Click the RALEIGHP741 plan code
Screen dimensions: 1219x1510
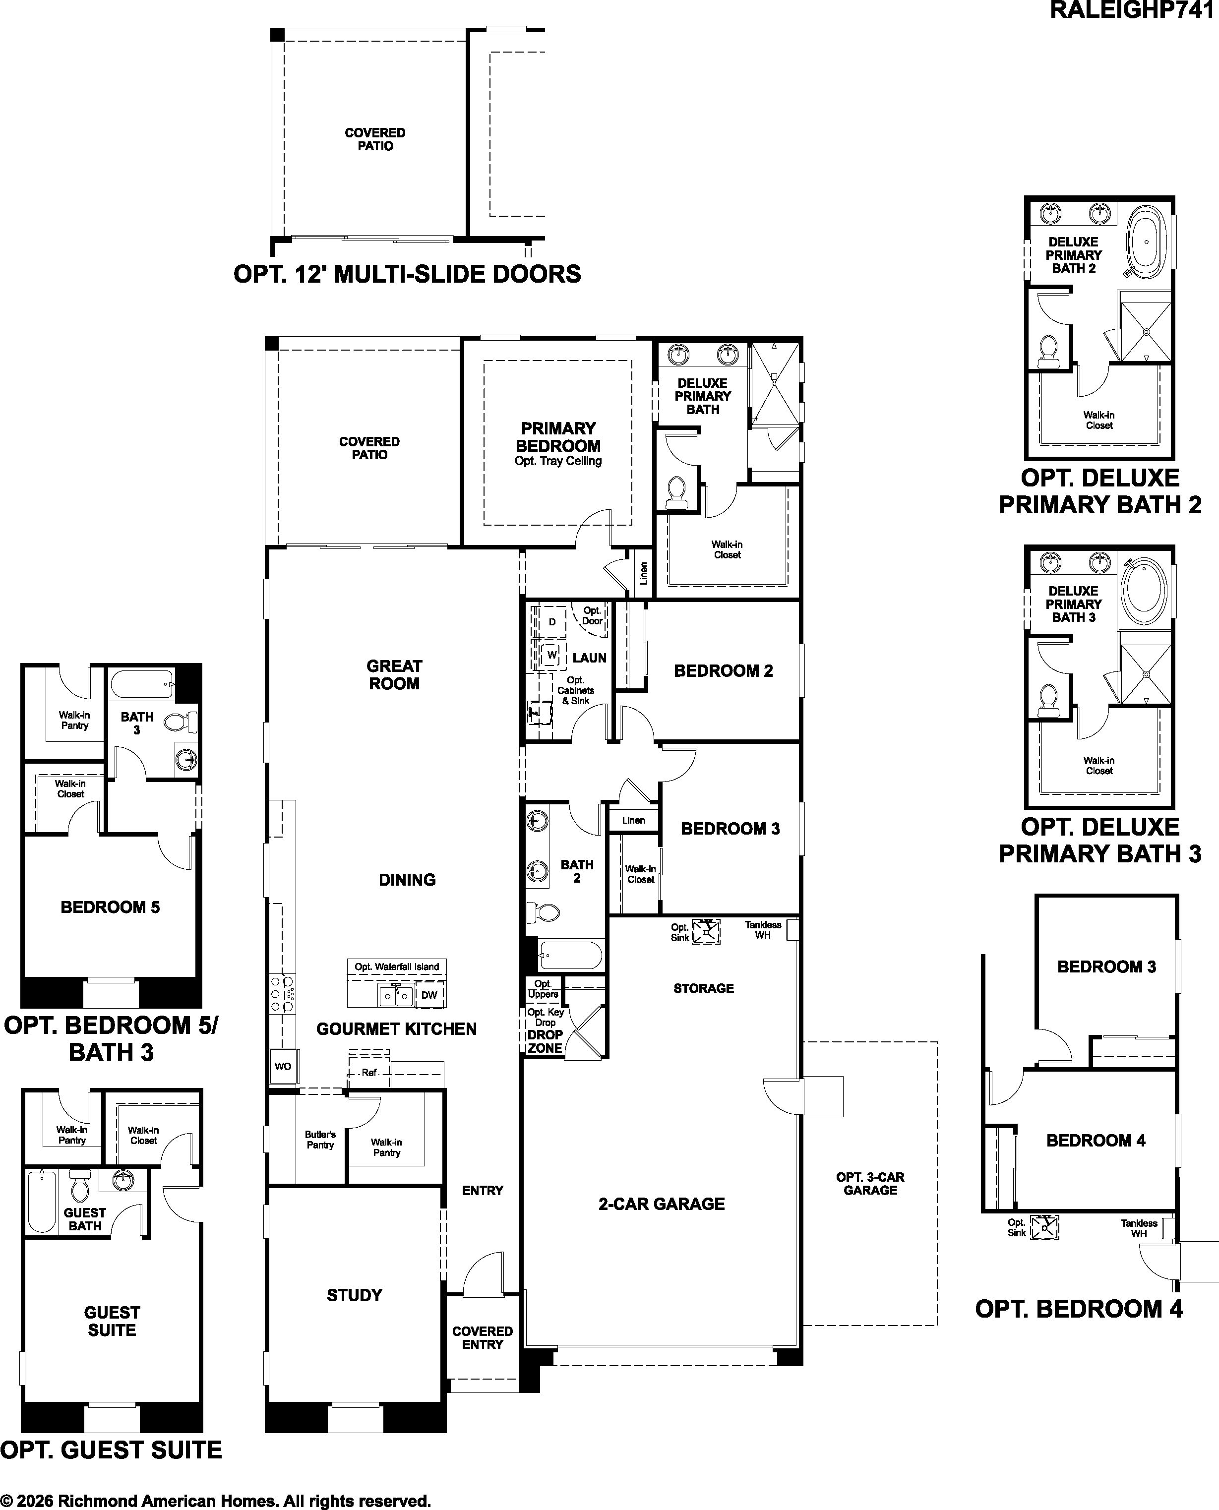1134,10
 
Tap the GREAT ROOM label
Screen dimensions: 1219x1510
394,674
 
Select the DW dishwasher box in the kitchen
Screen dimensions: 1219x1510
429,995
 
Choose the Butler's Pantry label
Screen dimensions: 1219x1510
320,1140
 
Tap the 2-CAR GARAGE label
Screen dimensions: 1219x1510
662,1204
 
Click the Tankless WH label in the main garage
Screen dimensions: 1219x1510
763,930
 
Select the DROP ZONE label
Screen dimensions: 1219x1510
545,1041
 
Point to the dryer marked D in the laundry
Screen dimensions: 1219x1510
552,622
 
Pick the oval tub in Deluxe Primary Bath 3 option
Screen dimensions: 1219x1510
1144,591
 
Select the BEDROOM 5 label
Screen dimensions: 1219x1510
110,907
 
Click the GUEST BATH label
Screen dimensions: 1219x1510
85,1219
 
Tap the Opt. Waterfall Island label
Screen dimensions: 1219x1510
397,966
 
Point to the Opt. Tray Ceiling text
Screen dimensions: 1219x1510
558,461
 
